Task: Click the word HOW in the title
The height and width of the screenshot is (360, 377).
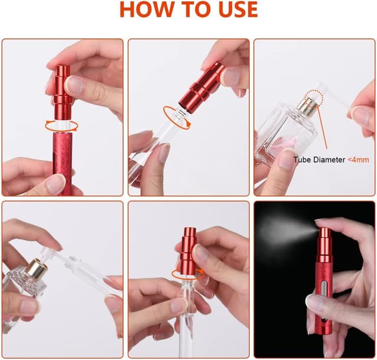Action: pyautogui.click(x=146, y=9)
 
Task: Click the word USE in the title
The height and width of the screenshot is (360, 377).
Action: pyautogui.click(x=234, y=9)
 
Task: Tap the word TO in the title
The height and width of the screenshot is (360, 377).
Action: pyautogui.click(x=191, y=9)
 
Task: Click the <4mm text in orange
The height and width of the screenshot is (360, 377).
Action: pyautogui.click(x=358, y=160)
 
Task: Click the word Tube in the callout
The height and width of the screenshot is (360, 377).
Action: pyautogui.click(x=302, y=160)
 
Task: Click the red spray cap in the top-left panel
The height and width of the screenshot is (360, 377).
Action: pyautogui.click(x=61, y=92)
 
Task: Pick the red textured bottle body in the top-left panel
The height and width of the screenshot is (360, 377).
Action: pyautogui.click(x=62, y=164)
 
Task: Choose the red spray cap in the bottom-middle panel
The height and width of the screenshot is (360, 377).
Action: pyautogui.click(x=188, y=249)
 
